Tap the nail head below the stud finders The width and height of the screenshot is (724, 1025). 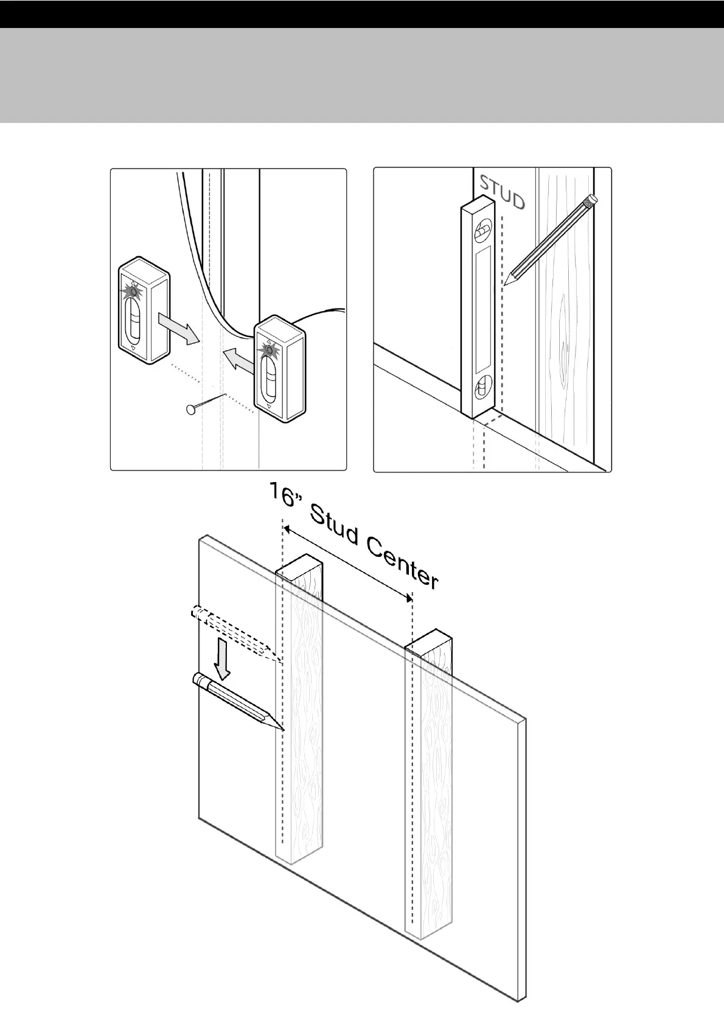point(190,409)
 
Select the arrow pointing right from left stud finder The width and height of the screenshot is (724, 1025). point(178,327)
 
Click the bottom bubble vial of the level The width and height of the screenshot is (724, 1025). point(483,388)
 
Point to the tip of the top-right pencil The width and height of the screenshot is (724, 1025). point(505,284)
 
